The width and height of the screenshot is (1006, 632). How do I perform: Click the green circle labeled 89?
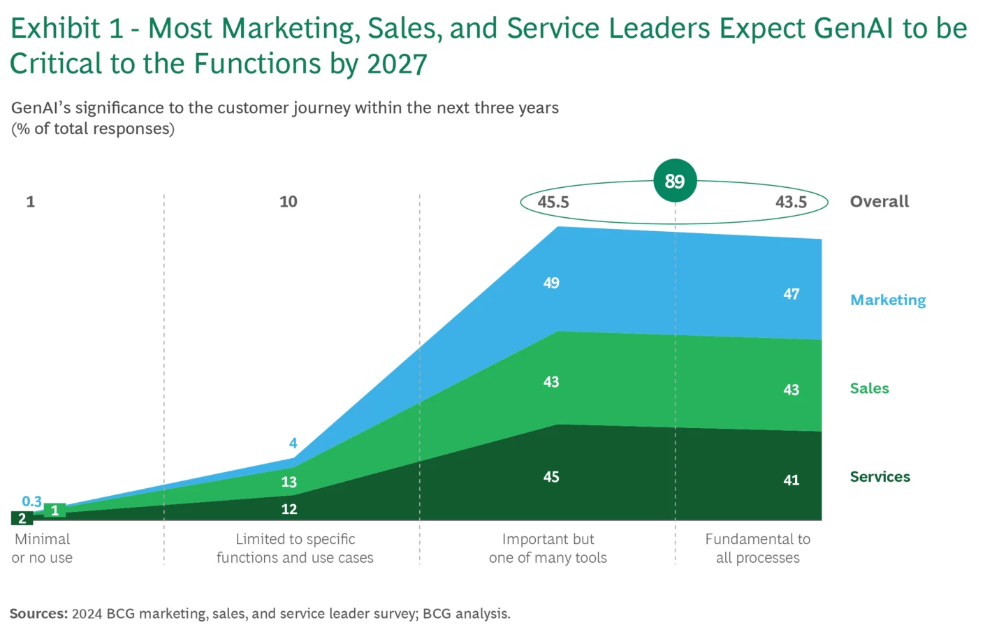pos(674,181)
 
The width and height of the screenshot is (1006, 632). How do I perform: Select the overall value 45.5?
pos(553,203)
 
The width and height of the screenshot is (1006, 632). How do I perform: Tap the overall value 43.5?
pos(791,203)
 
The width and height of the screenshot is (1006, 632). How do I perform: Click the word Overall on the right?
pos(879,202)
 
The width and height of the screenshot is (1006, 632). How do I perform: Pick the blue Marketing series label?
pos(888,300)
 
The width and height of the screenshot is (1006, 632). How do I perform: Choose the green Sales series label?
pos(869,388)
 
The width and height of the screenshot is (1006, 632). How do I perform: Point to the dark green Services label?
pos(880,477)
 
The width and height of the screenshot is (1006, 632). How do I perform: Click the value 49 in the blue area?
pos(551,283)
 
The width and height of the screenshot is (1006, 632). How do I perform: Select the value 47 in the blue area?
pos(791,294)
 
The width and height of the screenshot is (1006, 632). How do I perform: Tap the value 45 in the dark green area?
pos(551,477)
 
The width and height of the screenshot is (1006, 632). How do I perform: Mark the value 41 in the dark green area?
pos(791,480)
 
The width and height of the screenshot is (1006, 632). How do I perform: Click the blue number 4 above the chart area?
pos(293,443)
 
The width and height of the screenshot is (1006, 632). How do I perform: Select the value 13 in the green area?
pos(289,482)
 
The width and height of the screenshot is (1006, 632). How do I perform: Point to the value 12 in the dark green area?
pos(289,509)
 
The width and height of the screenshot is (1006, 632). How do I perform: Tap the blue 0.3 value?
pos(31,501)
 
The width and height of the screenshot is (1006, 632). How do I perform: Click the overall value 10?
pos(288,202)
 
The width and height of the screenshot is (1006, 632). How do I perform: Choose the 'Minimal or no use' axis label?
pos(42,548)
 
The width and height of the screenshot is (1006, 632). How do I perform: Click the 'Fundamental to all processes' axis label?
pos(757,548)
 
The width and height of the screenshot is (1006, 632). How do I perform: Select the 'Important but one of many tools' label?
pos(548,548)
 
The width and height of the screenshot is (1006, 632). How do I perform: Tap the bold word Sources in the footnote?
pos(38,614)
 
